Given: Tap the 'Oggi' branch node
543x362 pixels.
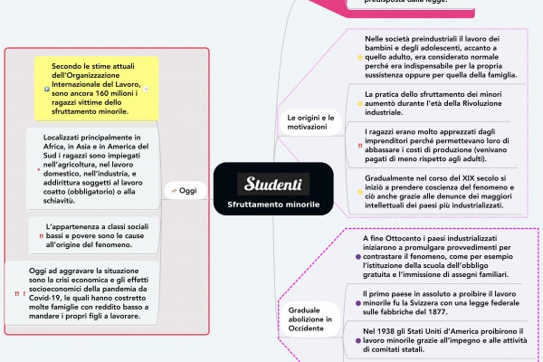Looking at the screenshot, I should (183, 190).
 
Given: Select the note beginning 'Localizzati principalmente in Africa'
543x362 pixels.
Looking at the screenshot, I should (97, 167).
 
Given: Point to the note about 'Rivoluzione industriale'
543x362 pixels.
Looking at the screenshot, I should (434, 103).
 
